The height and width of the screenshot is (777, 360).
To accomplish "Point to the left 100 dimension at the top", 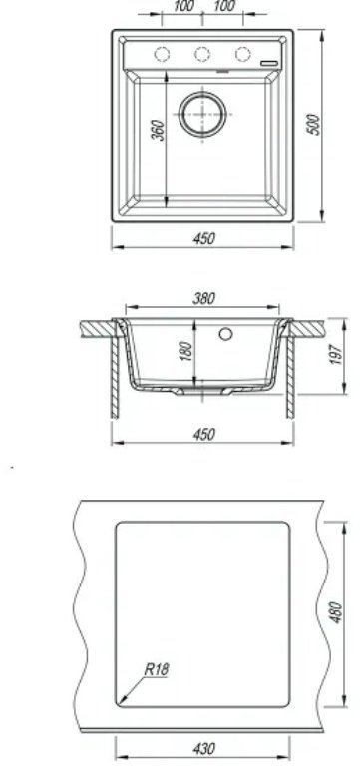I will [x=183, y=7].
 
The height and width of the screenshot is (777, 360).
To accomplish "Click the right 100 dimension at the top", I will [x=223, y=7].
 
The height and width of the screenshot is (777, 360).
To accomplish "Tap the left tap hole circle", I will [x=163, y=53].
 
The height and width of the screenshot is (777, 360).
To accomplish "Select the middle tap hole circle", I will [x=201, y=53].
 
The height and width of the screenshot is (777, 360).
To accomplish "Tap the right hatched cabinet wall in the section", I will [x=290, y=374].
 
